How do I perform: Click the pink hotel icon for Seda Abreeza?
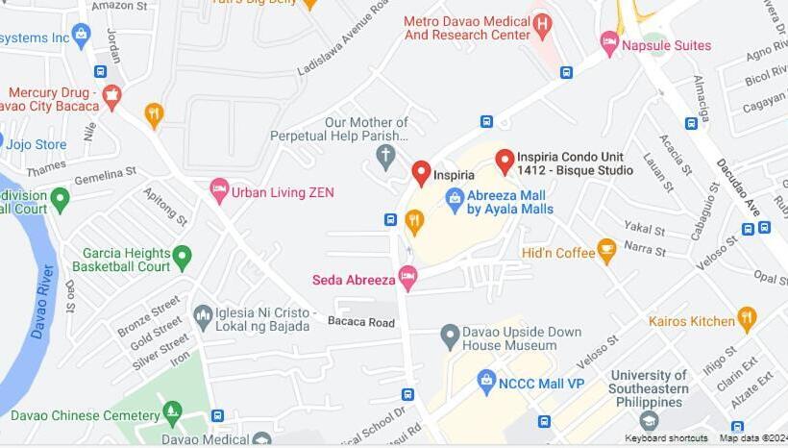[x=407, y=279]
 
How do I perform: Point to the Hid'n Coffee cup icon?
[x=606, y=251]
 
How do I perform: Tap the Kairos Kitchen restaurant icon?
[x=747, y=318]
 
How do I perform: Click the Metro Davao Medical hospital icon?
[x=542, y=24]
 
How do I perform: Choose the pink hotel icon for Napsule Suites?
[x=609, y=42]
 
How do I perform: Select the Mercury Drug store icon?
[x=111, y=95]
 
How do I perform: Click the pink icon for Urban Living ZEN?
[x=219, y=191]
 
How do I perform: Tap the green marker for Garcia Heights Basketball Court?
[x=183, y=257]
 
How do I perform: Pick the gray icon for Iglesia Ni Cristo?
[x=203, y=315]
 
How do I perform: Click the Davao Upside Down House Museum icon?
[x=450, y=336]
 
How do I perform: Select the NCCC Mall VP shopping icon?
[x=486, y=382]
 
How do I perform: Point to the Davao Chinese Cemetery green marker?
[x=172, y=413]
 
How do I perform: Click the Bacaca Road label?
[x=360, y=322]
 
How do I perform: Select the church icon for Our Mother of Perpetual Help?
[x=386, y=156]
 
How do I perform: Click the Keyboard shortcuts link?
[x=666, y=438]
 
